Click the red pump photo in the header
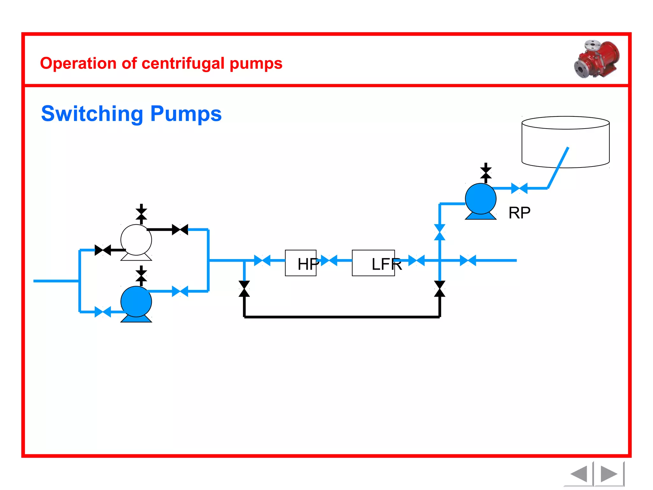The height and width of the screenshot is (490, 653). click(x=597, y=59)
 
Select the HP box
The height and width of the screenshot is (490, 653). click(x=300, y=263)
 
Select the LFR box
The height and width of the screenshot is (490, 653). click(x=373, y=263)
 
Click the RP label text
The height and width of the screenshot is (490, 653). click(x=519, y=213)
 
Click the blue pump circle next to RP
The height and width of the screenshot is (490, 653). click(x=481, y=199)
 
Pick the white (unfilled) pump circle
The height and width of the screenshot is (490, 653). click(x=136, y=240)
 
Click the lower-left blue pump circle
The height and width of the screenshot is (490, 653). click(x=136, y=301)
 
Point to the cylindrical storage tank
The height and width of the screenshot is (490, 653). click(x=565, y=142)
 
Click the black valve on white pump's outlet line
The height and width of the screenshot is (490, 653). click(x=180, y=229)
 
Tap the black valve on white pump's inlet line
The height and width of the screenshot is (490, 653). click(x=103, y=250)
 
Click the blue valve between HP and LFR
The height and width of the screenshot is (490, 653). click(x=329, y=260)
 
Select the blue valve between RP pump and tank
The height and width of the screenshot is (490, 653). click(x=519, y=188)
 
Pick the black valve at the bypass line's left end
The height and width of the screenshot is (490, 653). click(x=244, y=289)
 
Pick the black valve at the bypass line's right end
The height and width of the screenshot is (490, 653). click(x=440, y=289)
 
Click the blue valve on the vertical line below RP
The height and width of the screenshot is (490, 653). click(x=440, y=232)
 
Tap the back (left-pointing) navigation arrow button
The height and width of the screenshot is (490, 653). click(x=579, y=474)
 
